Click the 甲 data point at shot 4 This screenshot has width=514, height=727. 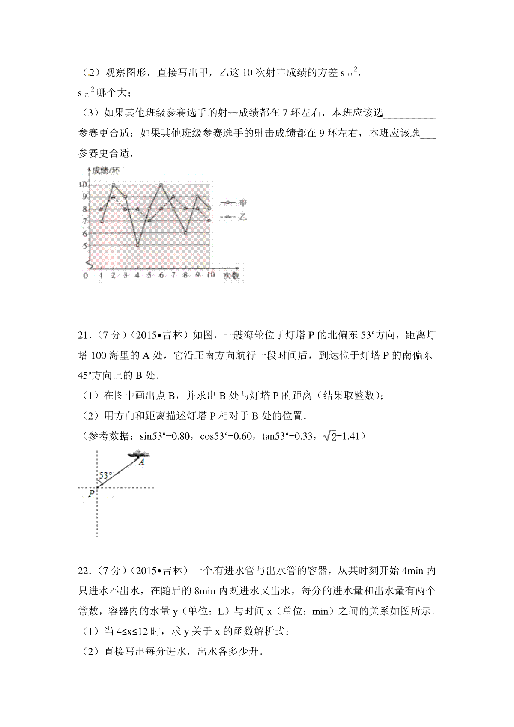coord(137,245)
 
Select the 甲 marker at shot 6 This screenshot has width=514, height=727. coord(161,185)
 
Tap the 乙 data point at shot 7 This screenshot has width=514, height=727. coord(173,197)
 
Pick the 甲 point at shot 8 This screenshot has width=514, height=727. coord(185,233)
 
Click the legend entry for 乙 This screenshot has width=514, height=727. coord(233,217)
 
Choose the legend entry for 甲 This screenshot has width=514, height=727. coord(233,203)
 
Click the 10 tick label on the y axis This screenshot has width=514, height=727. coord(82,185)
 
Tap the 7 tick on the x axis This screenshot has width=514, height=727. coord(173,275)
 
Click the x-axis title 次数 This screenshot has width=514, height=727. coord(231,275)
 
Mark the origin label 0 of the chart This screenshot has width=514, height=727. coord(86,275)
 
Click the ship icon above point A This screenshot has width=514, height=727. coord(139,453)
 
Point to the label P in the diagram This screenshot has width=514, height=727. coord(91,494)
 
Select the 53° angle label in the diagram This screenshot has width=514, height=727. coord(106,475)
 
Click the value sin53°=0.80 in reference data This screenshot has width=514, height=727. coord(165,436)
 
